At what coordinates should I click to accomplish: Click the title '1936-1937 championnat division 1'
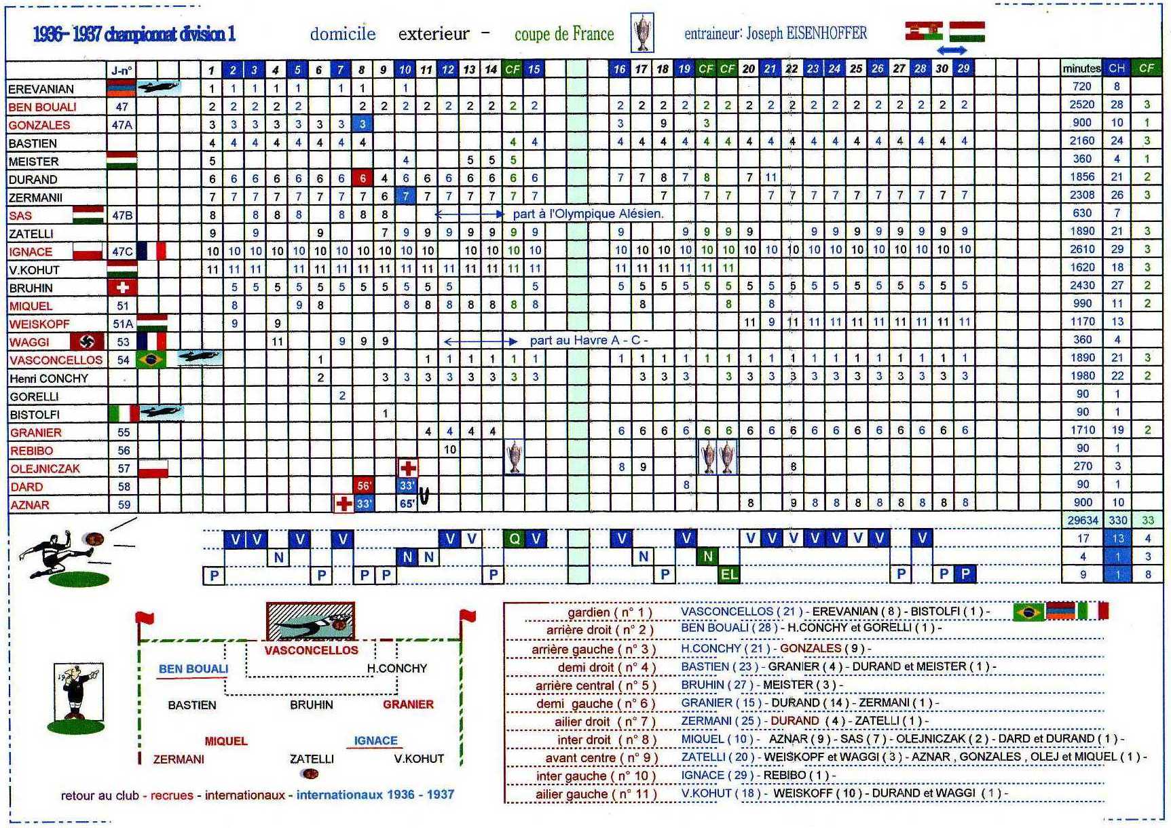pos(134,34)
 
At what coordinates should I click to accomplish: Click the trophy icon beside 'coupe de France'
pos(642,33)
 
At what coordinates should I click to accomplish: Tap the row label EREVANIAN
pos(41,89)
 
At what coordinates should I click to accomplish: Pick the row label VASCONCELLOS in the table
pos(56,360)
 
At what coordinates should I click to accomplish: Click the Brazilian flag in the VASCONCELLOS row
pos(151,359)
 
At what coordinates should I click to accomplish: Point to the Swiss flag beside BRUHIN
pos(122,287)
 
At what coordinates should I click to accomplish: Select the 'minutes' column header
pos(1081,69)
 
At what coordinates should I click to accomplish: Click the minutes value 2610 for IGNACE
pos(1082,249)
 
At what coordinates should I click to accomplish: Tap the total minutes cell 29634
pos(1082,520)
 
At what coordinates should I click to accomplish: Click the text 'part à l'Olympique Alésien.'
pos(588,214)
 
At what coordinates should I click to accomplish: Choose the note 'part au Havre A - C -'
pos(589,340)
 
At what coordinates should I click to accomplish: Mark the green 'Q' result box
pos(514,540)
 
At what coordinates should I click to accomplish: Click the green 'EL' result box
pos(729,575)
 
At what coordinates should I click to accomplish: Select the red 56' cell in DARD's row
pos(363,485)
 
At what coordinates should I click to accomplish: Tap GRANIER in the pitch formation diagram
pos(408,704)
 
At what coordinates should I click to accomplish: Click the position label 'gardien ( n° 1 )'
pos(610,612)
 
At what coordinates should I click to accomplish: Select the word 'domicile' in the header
pos(343,34)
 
